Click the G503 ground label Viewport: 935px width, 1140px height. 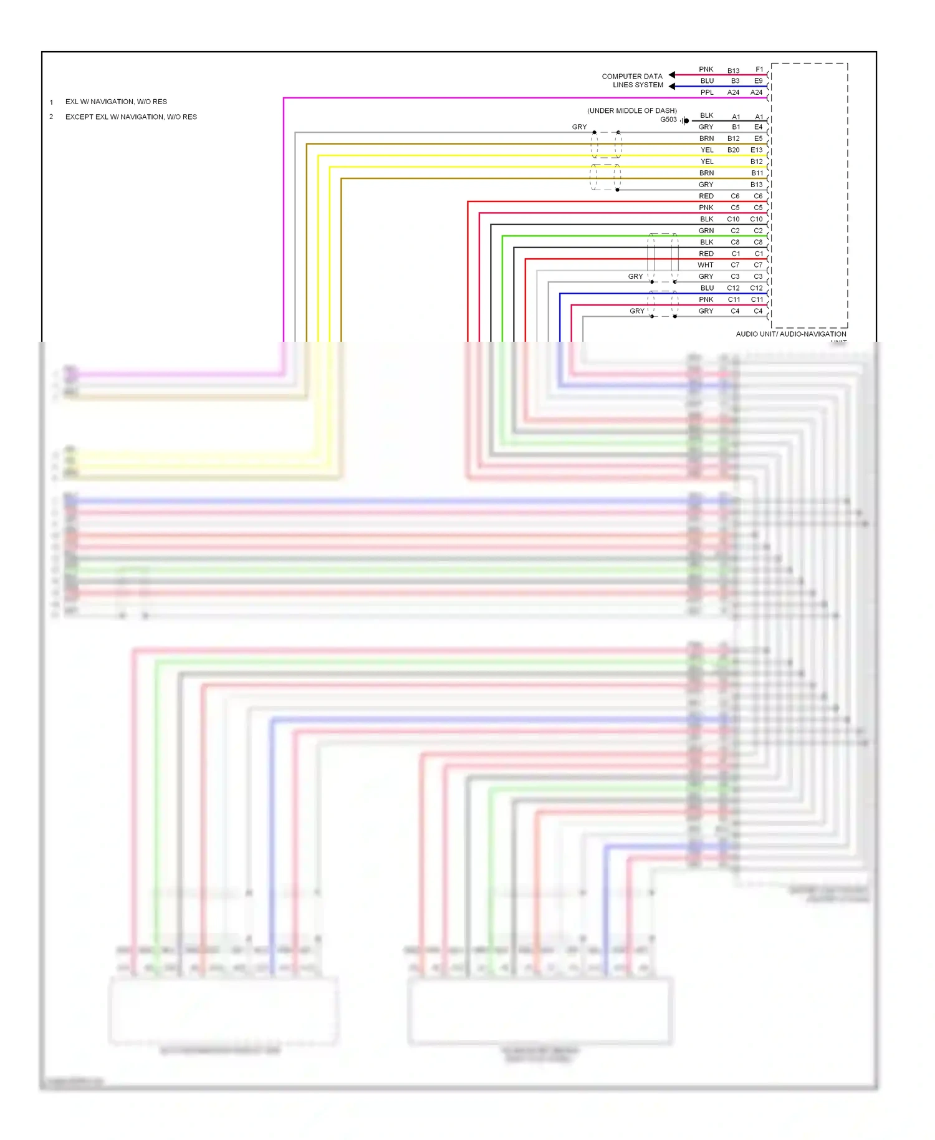tap(668, 120)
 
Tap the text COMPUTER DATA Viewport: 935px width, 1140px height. tap(631, 77)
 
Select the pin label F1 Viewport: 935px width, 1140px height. tap(759, 69)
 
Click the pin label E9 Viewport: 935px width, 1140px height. tap(758, 81)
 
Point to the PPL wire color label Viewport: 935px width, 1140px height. tap(707, 92)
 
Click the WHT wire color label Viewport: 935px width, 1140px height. tap(706, 265)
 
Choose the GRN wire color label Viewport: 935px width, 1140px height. tap(706, 231)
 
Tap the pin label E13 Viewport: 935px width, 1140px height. tap(756, 150)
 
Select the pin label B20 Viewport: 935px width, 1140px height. tap(733, 150)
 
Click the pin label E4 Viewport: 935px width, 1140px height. tap(758, 127)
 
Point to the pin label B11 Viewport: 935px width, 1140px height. tap(757, 173)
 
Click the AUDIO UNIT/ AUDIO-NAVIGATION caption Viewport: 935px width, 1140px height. tap(790, 334)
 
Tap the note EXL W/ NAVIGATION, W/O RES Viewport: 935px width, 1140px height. tap(116, 102)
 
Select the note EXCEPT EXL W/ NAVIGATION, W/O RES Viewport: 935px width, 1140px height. tap(131, 117)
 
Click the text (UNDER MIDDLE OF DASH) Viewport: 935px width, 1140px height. tap(631, 111)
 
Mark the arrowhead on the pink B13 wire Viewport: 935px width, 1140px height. tap(672, 75)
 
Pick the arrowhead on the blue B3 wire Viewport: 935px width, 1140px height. tap(672, 86)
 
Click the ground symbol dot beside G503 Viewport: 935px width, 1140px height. tap(686, 120)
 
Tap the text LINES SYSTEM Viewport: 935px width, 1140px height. tap(638, 85)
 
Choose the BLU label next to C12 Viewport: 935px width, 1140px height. tap(707, 288)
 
